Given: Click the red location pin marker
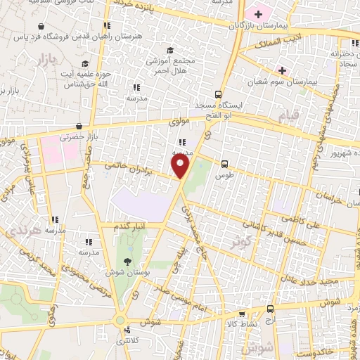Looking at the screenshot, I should pos(181,167).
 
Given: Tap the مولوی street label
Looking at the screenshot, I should pos(180,121).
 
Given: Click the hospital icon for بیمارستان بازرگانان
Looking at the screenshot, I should pos(259,13).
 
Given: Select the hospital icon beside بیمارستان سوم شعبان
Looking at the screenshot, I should pos(282,70).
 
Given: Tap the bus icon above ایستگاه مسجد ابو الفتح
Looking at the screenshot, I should pos(219,94).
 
